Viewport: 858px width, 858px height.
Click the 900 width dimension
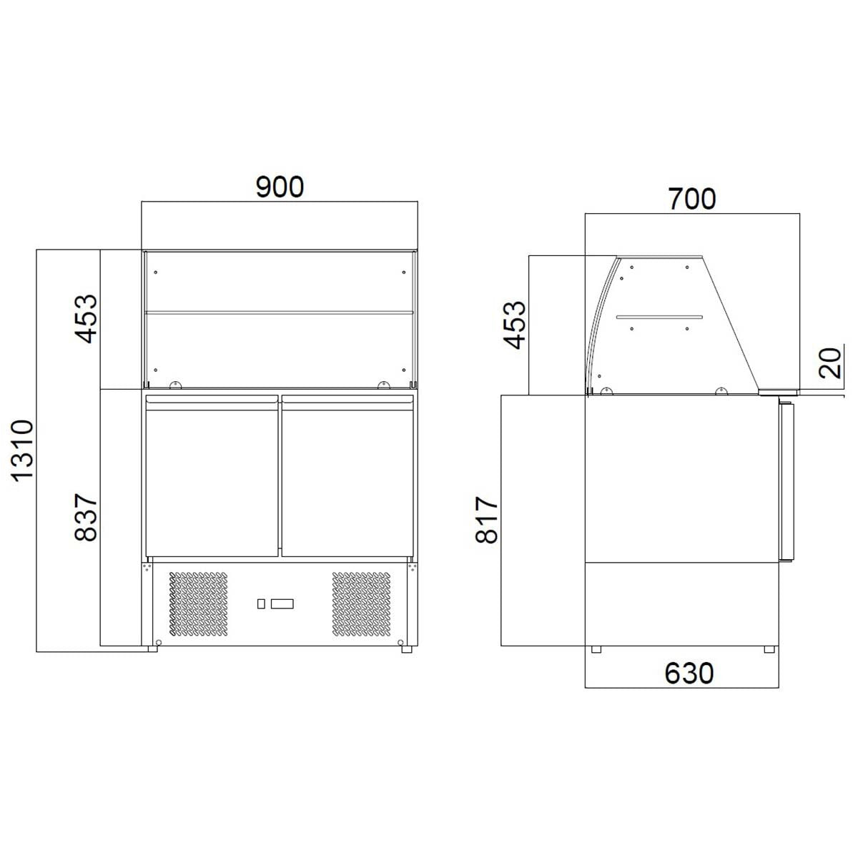pyautogui.click(x=280, y=187)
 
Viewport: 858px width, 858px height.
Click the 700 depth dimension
pyautogui.click(x=691, y=199)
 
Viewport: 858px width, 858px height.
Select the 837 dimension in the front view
pyautogui.click(x=85, y=516)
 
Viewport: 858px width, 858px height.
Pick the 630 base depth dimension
pyautogui.click(x=689, y=673)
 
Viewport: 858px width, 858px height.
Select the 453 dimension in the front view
pyautogui.click(x=85, y=318)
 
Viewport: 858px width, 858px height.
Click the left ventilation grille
pyautogui.click(x=199, y=604)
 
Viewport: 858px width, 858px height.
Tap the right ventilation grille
pyautogui.click(x=362, y=604)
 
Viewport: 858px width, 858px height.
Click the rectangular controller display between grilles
pyautogui.click(x=282, y=604)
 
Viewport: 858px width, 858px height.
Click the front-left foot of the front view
pyautogui.click(x=153, y=649)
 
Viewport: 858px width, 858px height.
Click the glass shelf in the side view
pyautogui.click(x=659, y=317)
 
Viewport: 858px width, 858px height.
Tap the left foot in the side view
pyautogui.click(x=596, y=649)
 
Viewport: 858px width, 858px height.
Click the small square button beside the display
pyautogui.click(x=261, y=604)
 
